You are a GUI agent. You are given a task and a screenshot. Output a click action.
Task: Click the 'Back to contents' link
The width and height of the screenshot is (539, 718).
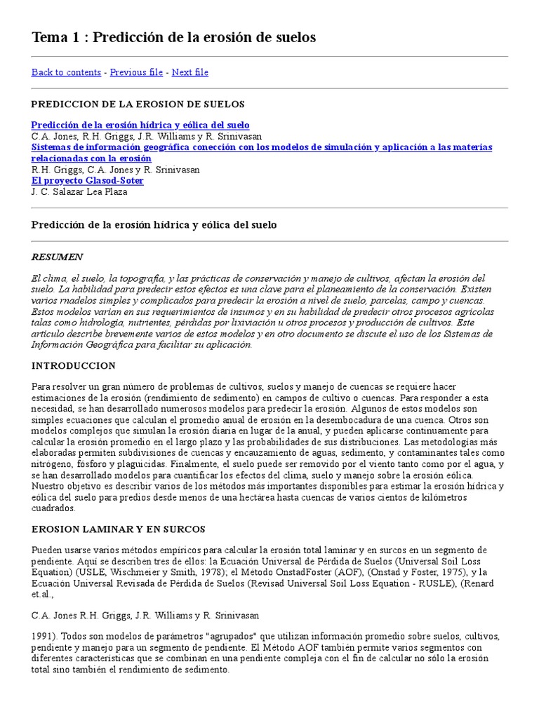(66, 72)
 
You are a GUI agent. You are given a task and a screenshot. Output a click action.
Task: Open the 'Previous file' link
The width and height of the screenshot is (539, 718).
(136, 72)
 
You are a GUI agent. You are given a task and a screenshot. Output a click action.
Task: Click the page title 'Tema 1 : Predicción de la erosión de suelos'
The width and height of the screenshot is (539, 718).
(173, 38)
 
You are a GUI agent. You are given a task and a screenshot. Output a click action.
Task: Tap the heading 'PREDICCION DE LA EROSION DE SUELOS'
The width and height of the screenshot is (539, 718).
(138, 104)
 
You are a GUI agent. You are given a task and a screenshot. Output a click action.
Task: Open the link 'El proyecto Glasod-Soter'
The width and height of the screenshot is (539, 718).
(87, 180)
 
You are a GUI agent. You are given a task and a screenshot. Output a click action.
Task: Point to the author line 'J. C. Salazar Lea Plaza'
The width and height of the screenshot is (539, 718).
(81, 191)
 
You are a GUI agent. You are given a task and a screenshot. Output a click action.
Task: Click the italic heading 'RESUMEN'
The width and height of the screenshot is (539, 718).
(57, 257)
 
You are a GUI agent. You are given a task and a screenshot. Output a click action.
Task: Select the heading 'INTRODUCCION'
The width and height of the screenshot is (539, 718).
(73, 366)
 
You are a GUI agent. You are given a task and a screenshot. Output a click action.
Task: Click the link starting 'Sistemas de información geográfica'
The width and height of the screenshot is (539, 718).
(261, 147)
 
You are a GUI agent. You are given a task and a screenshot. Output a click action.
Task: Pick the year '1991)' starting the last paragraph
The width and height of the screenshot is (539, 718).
(44, 637)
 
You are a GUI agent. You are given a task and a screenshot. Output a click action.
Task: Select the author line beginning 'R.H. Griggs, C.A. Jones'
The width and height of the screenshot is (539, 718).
(115, 170)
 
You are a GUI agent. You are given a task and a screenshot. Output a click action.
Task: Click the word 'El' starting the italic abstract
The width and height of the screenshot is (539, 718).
(36, 279)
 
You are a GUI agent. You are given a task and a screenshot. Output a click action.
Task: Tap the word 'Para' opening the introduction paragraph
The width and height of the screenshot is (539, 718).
(42, 387)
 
